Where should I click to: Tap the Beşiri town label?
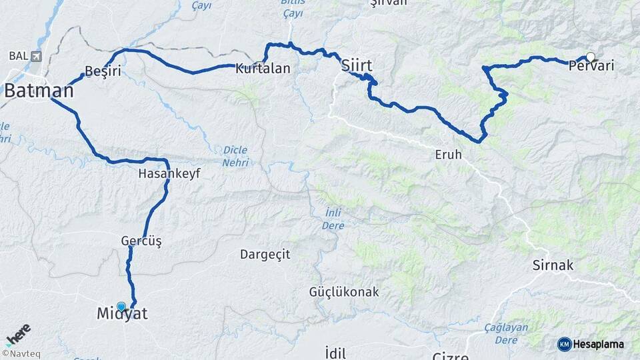(103, 72)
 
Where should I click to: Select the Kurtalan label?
(263, 68)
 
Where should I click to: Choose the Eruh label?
(448, 155)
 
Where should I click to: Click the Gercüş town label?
(141, 241)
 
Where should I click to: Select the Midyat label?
(122, 314)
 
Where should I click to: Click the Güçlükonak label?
(344, 292)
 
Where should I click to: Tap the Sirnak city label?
(553, 265)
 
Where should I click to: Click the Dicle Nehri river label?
(236, 156)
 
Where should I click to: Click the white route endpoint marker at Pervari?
(590, 57)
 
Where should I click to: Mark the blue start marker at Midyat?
(121, 307)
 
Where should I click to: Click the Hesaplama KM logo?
(591, 344)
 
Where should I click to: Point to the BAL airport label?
(23, 56)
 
